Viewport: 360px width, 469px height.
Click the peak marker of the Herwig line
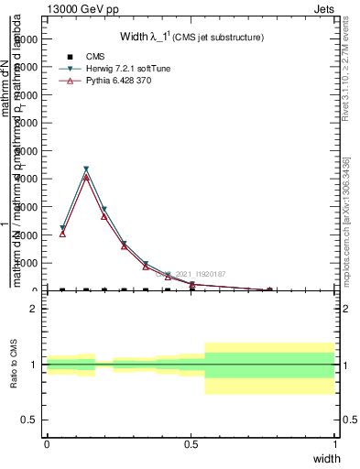click(86, 169)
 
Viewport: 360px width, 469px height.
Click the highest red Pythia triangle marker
click(86, 178)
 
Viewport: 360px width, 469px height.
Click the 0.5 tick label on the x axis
click(191, 444)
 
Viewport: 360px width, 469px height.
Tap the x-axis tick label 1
click(335, 444)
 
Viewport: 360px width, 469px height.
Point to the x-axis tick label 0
click(47, 444)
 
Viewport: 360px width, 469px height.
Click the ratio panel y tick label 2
click(33, 309)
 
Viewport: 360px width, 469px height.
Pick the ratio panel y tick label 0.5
click(29, 420)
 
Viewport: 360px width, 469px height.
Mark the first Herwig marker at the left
click(62, 228)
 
